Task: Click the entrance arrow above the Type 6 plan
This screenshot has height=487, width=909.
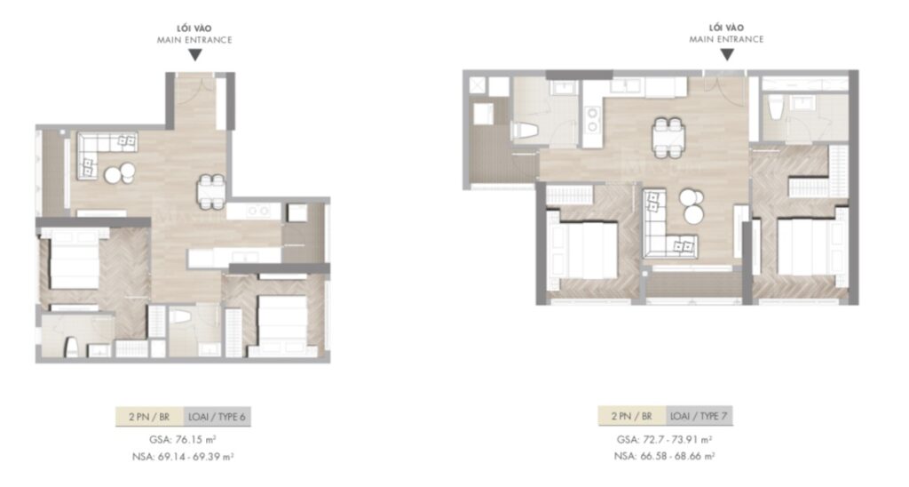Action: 194,55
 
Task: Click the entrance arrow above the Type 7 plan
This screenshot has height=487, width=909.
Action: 726,54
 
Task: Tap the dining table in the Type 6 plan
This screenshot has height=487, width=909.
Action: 210,188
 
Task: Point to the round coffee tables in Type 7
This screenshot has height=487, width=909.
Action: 691,206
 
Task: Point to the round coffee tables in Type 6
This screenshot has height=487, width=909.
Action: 120,172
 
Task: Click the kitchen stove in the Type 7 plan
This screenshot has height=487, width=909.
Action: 591,119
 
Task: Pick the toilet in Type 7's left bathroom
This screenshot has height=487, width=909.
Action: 523,132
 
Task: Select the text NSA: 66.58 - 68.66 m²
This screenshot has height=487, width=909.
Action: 665,456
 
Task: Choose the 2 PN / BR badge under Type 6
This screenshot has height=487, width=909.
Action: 149,415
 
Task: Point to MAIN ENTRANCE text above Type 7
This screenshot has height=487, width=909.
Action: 726,39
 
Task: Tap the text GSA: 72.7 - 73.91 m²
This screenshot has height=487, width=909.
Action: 665,439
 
